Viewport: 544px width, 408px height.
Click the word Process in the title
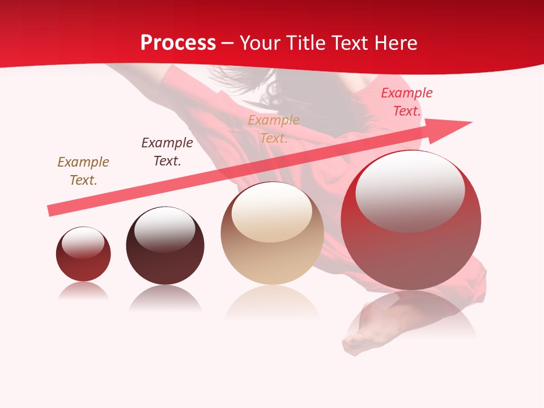pyautogui.click(x=178, y=43)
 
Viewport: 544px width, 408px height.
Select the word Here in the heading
pyautogui.click(x=393, y=43)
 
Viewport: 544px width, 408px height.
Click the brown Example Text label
pyautogui.click(x=83, y=171)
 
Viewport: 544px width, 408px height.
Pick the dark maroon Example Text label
pyautogui.click(x=167, y=152)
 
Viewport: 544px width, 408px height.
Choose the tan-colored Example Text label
pyautogui.click(x=274, y=129)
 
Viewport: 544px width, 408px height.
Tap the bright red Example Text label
pyautogui.click(x=406, y=102)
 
